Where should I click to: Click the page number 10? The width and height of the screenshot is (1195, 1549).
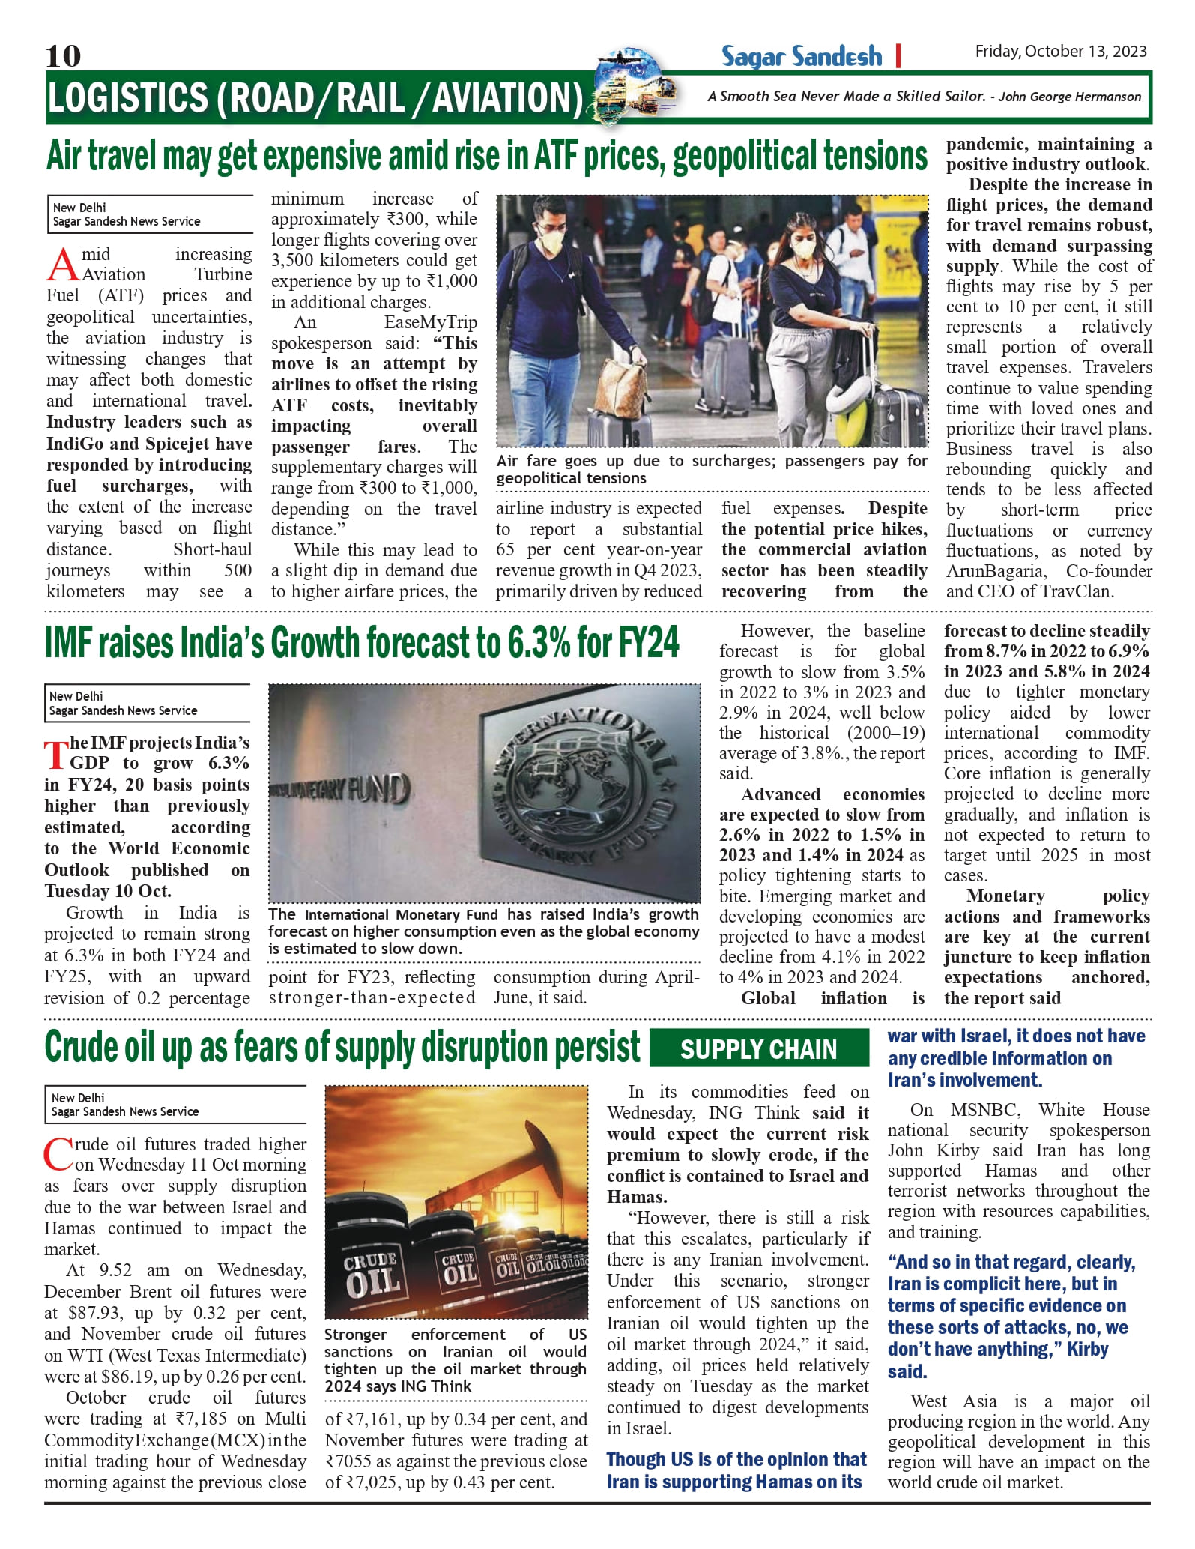(x=63, y=55)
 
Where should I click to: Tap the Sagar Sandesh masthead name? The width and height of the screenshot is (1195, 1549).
(x=801, y=56)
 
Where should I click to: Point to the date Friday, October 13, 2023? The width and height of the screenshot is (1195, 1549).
(x=1060, y=51)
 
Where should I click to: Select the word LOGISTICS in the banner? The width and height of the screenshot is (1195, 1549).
(x=128, y=98)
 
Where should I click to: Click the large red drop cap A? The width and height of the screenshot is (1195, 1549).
(x=63, y=265)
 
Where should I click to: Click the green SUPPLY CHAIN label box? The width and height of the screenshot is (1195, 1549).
(x=758, y=1048)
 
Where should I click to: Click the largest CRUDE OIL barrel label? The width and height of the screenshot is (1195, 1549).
(x=371, y=1274)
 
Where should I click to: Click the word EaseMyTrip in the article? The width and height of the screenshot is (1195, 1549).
(x=430, y=322)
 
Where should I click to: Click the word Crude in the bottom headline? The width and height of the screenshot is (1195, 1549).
(x=82, y=1047)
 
